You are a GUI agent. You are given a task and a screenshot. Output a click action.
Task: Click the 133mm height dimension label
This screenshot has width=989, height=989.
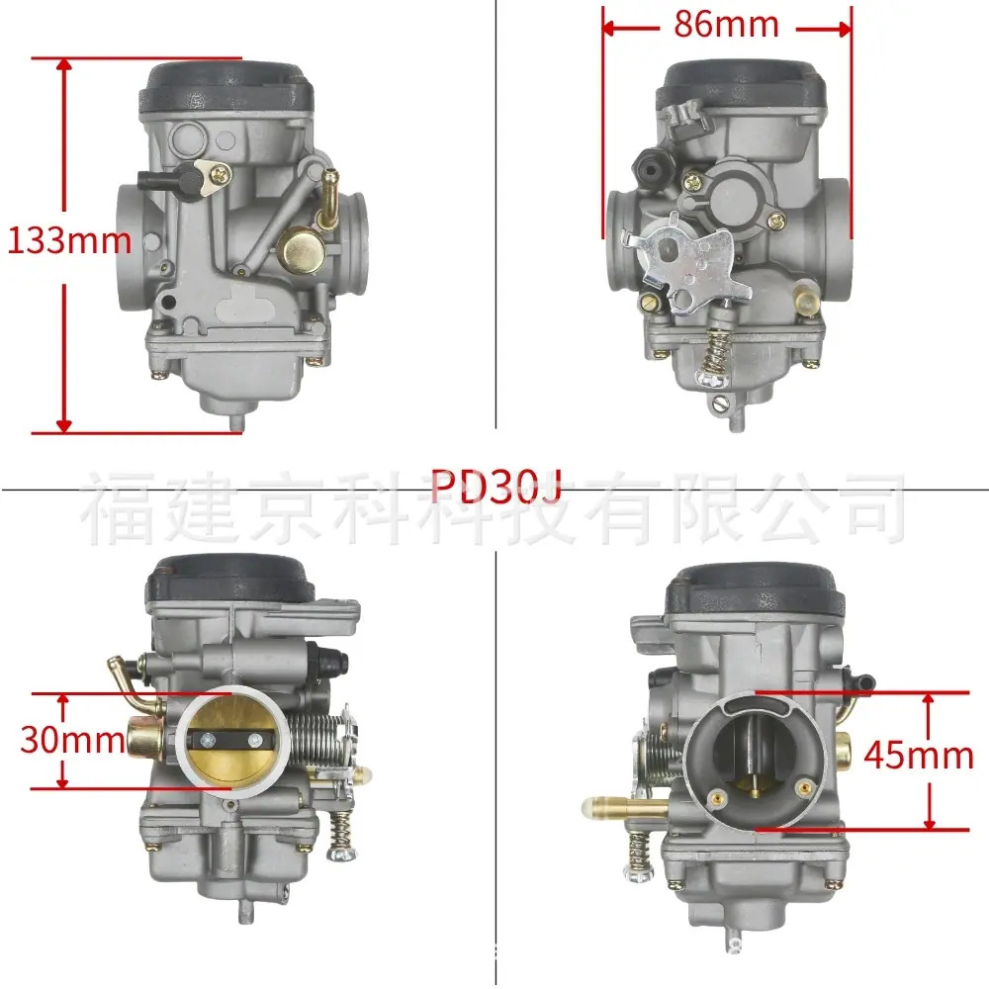[x=69, y=241]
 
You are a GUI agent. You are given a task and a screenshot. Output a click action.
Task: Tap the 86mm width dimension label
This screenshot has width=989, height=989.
[x=726, y=26]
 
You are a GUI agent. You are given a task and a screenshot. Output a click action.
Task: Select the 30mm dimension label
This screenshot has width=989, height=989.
[x=72, y=739]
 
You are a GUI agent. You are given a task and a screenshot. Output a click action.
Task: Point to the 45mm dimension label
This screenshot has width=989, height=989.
[x=919, y=755]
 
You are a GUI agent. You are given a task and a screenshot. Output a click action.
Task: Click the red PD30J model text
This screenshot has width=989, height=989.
[x=496, y=487]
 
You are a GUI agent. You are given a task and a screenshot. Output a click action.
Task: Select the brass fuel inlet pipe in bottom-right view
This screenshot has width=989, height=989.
[x=624, y=807]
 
